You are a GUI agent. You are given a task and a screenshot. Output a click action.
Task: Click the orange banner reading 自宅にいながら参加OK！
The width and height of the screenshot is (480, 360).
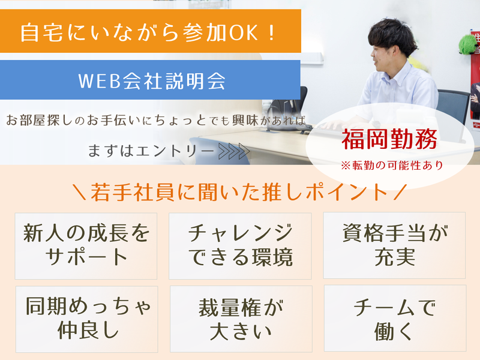(150, 32)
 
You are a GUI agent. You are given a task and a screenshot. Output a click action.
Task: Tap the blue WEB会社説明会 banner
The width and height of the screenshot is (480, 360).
(150, 80)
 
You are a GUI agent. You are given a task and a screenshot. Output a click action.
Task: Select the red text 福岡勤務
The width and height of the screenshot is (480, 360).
(389, 140)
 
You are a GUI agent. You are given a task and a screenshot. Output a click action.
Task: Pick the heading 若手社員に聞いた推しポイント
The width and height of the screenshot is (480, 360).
(240, 192)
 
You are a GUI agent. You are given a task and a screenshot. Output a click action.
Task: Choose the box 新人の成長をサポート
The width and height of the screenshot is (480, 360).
(86, 245)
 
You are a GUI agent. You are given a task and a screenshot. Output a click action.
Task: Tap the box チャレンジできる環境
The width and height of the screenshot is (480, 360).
(240, 245)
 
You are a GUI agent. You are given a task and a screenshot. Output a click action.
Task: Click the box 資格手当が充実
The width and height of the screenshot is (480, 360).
(394, 245)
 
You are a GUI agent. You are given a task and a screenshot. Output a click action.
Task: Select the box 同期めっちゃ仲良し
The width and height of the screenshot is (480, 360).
(86, 318)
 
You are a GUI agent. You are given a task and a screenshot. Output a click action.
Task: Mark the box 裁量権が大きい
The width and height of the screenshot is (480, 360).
(241, 318)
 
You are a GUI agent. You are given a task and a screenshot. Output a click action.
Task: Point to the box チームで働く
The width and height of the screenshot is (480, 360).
(394, 318)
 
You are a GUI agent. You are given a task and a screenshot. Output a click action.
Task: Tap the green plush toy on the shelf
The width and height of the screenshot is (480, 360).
(467, 43)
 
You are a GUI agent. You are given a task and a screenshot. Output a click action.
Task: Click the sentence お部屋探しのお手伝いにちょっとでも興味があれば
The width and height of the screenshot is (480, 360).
(155, 119)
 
